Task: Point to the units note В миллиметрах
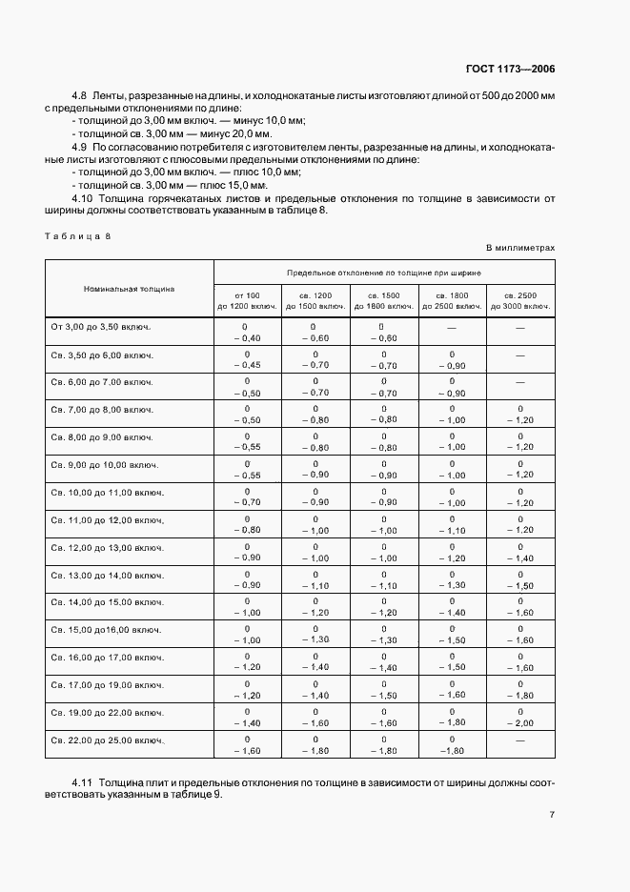click(x=520, y=248)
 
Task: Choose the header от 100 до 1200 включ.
click(x=247, y=301)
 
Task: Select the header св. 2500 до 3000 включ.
click(x=520, y=301)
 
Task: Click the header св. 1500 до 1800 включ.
click(x=383, y=301)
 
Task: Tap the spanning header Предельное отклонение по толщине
click(x=384, y=272)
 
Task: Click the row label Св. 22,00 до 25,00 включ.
click(x=108, y=740)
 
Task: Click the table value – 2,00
click(x=520, y=724)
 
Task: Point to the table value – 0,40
click(x=247, y=337)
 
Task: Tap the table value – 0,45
click(x=247, y=365)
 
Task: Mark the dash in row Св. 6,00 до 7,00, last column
click(x=520, y=381)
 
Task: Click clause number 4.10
click(x=83, y=198)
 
